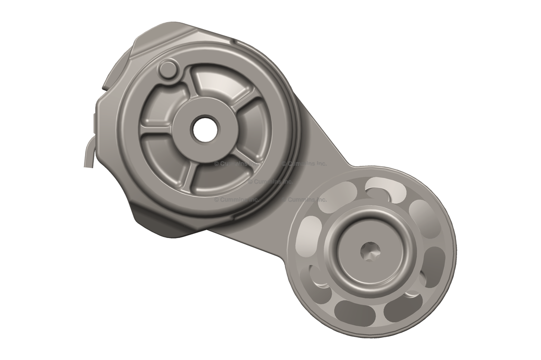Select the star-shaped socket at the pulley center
(x=371, y=251)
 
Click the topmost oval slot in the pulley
(x=386, y=188)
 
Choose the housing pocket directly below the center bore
(x=211, y=177)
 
